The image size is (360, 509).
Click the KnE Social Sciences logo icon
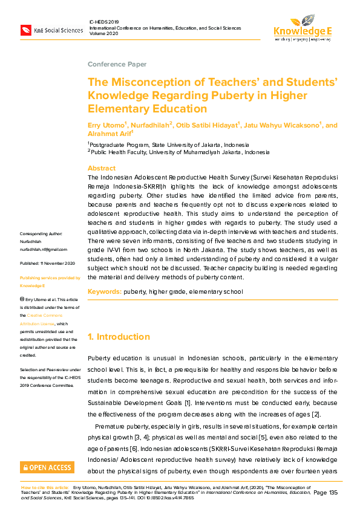(25, 30)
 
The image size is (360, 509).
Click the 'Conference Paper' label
(117, 64)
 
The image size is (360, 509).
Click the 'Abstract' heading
(101, 168)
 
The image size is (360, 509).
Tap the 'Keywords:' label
(104, 292)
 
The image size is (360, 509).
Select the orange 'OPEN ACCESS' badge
(48, 467)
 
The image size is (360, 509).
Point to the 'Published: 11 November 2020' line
(47, 263)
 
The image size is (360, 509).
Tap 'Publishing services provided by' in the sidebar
(50, 277)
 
